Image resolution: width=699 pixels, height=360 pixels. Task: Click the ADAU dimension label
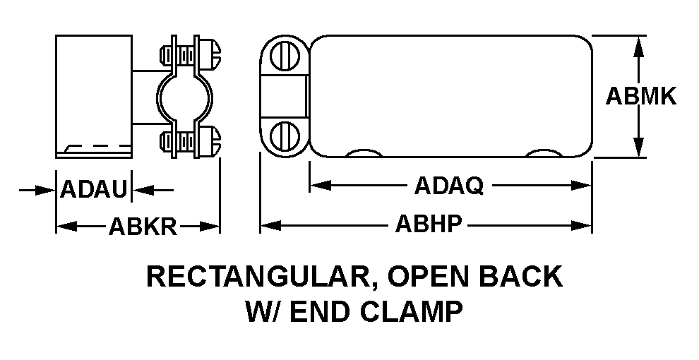pyautogui.click(x=94, y=189)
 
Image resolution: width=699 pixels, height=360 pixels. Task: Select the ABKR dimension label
pyautogui.click(x=143, y=227)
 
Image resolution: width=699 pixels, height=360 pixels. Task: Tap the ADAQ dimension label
pyautogui.click(x=449, y=186)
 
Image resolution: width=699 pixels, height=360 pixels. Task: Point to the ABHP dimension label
pyautogui.click(x=429, y=224)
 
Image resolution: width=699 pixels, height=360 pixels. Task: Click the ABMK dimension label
pyautogui.click(x=641, y=96)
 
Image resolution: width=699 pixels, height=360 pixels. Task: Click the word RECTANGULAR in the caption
pyautogui.click(x=256, y=277)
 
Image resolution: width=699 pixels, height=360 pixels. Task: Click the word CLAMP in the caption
pyautogui.click(x=412, y=312)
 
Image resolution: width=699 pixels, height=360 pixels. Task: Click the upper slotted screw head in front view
pyautogui.click(x=285, y=56)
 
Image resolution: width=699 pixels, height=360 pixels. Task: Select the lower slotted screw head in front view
pyautogui.click(x=285, y=136)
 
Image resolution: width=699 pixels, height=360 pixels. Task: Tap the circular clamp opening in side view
pyautogui.click(x=184, y=97)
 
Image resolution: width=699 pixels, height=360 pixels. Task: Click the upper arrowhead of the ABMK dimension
pyautogui.click(x=639, y=46)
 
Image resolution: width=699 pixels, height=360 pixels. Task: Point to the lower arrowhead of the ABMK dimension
pyautogui.click(x=639, y=147)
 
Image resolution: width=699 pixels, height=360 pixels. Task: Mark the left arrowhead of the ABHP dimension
pyautogui.click(x=270, y=225)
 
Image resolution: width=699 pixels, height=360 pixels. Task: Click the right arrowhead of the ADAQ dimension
pyautogui.click(x=581, y=186)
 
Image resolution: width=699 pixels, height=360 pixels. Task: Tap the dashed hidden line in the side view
pyautogui.click(x=97, y=145)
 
